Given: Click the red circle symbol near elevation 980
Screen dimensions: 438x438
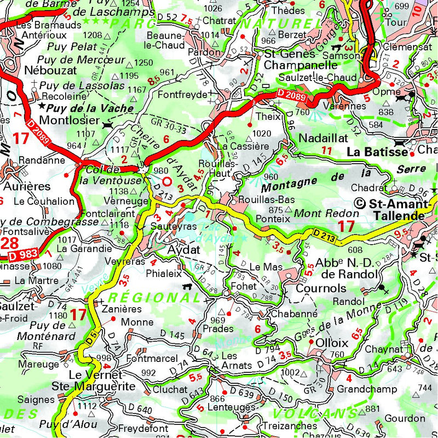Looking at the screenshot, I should coord(168,181).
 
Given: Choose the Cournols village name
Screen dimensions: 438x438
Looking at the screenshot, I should coord(321,288).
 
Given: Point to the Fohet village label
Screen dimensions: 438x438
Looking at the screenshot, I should coord(244,286).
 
